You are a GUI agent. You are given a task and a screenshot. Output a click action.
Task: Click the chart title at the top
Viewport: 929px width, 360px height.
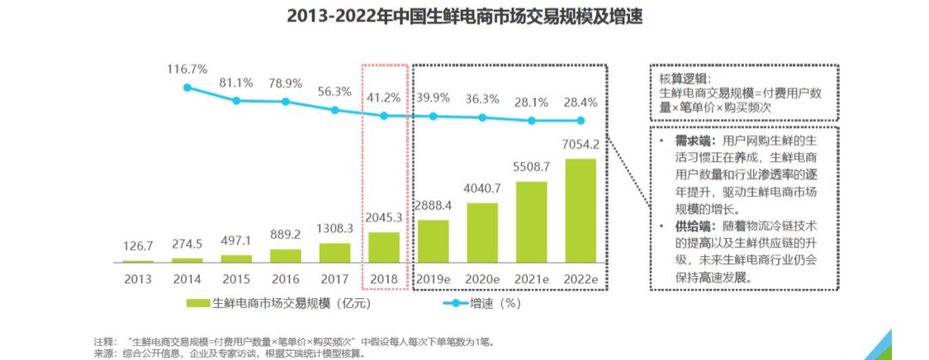tap(463, 16)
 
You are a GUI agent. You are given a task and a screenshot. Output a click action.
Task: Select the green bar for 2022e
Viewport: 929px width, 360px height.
tap(581, 210)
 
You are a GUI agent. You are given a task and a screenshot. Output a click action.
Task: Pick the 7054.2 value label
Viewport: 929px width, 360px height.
tap(581, 144)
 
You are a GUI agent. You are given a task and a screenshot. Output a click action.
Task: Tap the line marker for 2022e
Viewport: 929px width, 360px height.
tap(581, 121)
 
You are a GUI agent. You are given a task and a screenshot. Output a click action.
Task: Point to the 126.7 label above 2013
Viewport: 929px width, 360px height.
tap(138, 247)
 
